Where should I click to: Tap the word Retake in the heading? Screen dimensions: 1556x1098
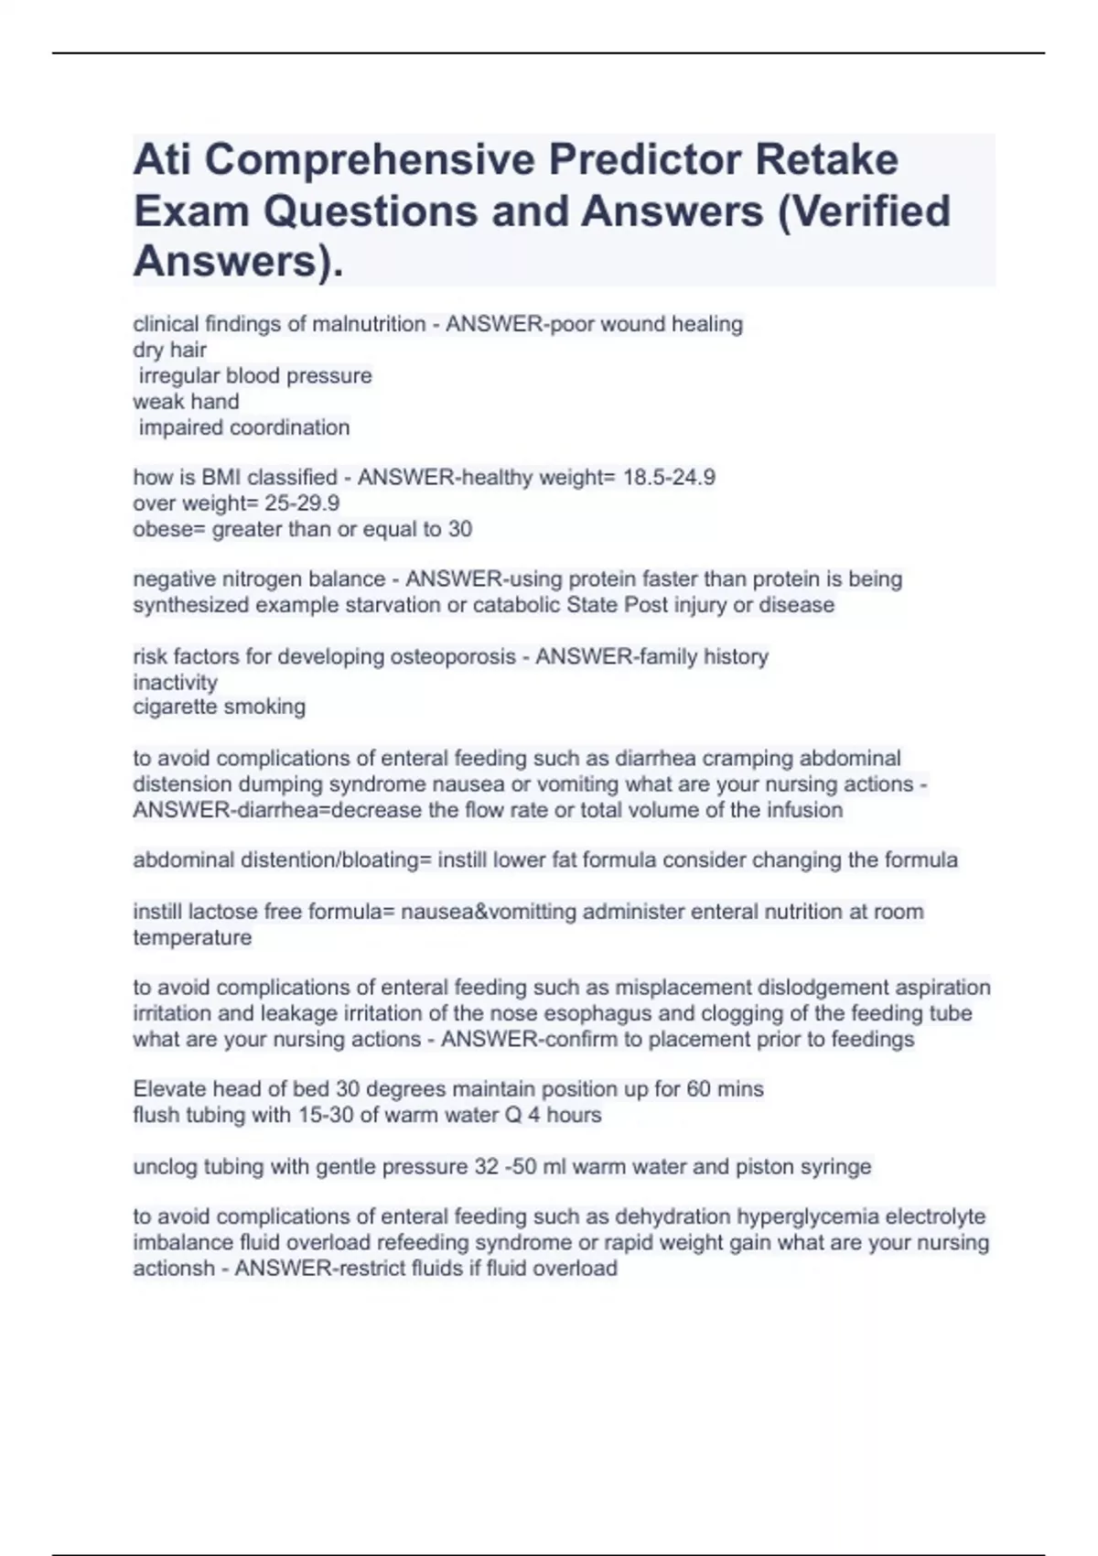(x=826, y=160)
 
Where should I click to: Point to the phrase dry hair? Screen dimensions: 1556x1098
(x=170, y=350)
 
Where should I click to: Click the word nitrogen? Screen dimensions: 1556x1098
(x=250, y=579)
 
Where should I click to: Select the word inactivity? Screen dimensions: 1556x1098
(x=176, y=682)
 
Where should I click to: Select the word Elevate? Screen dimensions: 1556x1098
(x=169, y=1089)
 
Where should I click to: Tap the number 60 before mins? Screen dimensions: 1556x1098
(x=699, y=1089)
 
